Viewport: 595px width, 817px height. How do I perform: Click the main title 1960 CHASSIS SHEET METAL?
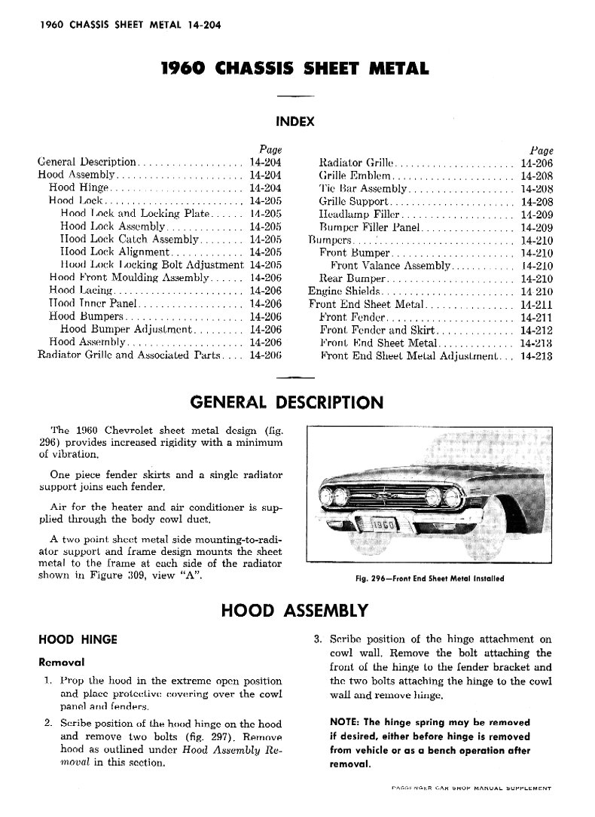coord(295,69)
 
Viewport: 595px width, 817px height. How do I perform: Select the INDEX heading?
coord(295,120)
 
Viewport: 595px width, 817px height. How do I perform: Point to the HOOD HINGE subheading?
coord(78,639)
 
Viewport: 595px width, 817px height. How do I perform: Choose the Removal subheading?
coord(61,663)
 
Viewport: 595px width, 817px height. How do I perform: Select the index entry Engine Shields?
coord(345,291)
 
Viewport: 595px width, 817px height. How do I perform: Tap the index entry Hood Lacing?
coord(80,290)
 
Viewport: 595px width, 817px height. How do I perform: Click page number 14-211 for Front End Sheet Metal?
coord(536,304)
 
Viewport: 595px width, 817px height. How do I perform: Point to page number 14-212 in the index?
coord(536,331)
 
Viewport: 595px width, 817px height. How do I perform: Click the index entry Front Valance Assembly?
coord(390,266)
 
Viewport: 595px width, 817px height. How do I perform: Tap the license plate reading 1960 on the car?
coord(384,525)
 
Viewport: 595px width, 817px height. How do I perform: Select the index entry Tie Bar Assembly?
coord(363,188)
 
